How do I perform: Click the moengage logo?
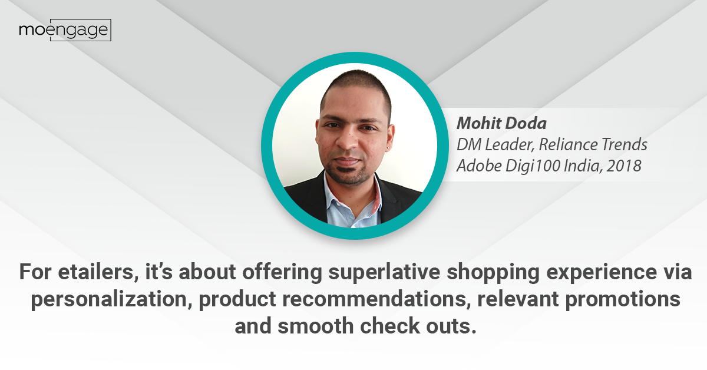tap(65, 30)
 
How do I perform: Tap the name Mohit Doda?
tap(501, 123)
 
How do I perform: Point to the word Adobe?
tap(480, 166)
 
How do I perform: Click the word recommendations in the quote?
tap(374, 299)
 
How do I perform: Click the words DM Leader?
tap(495, 144)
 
